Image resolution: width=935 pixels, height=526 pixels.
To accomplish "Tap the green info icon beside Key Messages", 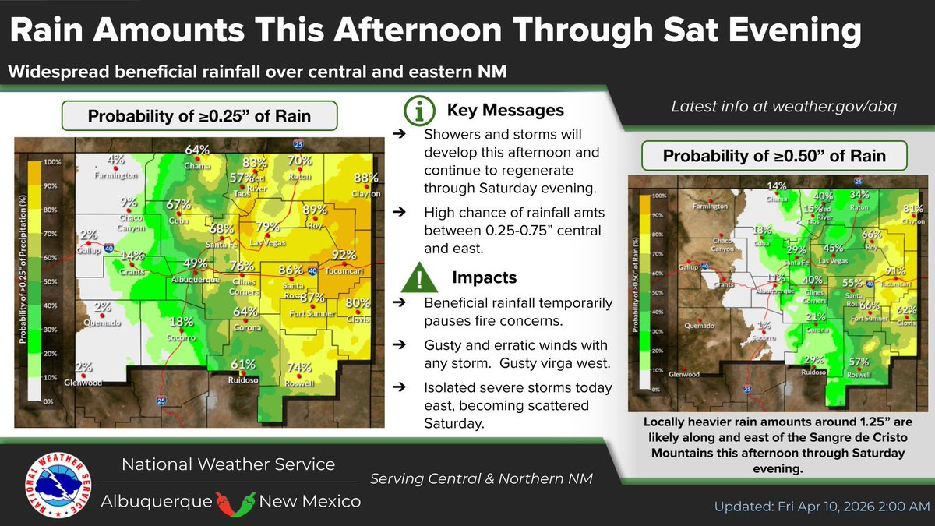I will (421, 111).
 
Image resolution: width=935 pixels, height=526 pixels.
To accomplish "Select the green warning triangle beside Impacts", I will (421, 277).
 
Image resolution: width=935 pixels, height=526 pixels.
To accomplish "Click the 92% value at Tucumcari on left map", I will (344, 255).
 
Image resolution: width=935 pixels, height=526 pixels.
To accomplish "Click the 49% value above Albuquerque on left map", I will (195, 263).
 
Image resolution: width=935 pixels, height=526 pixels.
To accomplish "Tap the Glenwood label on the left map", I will (83, 382).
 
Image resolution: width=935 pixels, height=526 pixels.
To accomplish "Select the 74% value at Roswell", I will (298, 368).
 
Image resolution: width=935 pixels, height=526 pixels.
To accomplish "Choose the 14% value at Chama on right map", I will (777, 186).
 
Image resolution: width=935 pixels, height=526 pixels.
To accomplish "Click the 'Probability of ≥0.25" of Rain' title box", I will (199, 117).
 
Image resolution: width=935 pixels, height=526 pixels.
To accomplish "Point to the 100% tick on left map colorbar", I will (53, 162).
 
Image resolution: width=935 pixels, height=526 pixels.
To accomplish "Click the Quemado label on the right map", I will (699, 325).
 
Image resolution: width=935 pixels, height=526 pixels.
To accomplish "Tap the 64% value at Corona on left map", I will (245, 312).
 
